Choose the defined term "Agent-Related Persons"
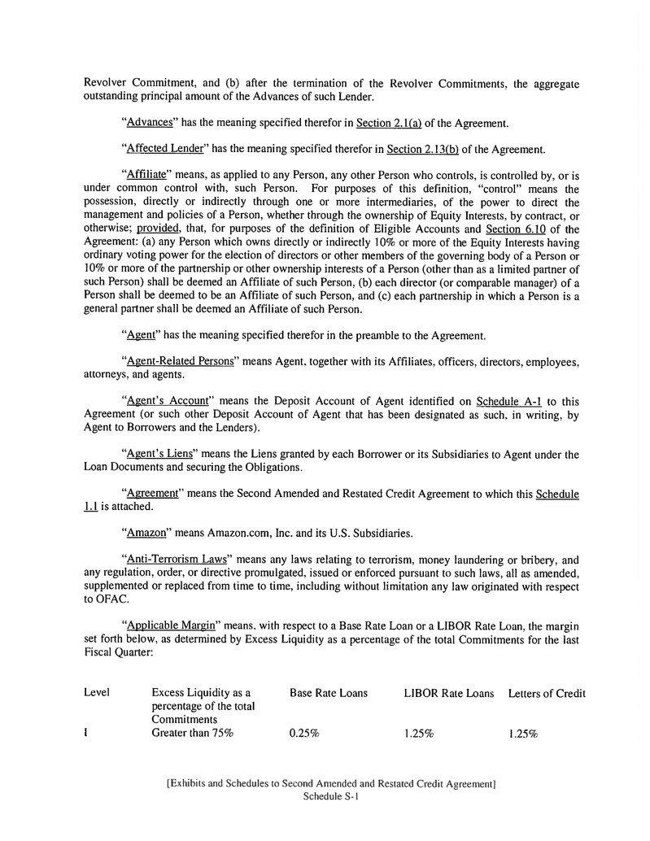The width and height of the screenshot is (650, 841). point(178,360)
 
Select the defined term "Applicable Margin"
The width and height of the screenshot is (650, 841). point(170,625)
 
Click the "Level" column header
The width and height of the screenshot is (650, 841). point(97,693)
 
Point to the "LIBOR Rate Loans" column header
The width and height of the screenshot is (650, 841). point(448,693)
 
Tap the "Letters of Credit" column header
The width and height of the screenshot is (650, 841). point(547,693)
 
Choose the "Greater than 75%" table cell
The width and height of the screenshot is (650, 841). point(193,733)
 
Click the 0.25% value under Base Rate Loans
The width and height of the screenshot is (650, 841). point(304,733)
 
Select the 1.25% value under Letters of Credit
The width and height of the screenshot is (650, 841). point(523,733)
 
